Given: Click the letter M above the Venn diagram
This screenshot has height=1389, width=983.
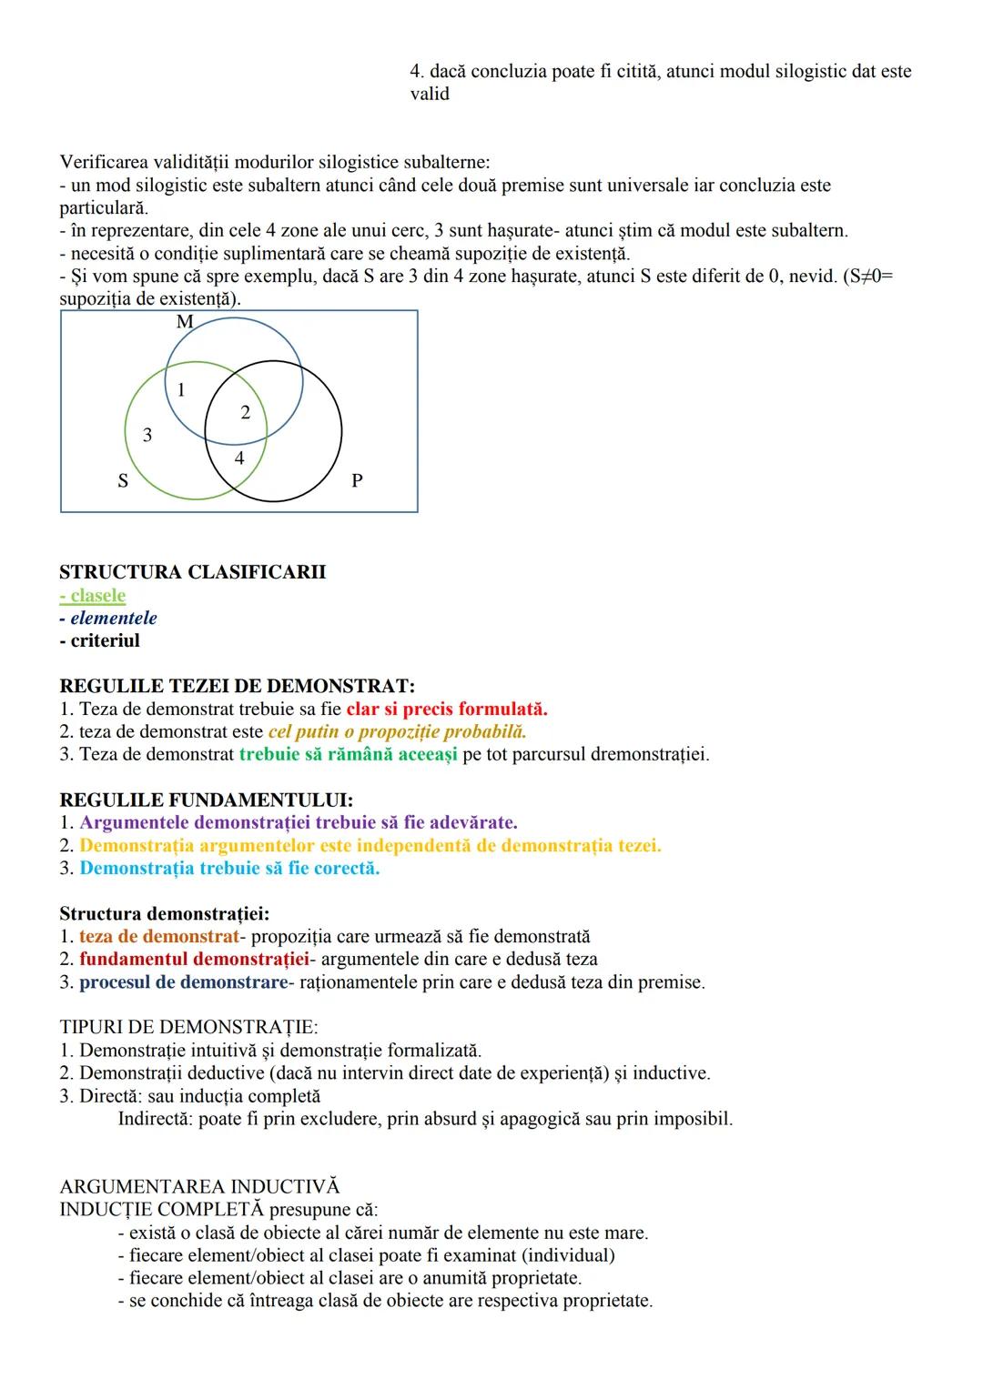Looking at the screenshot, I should tap(185, 322).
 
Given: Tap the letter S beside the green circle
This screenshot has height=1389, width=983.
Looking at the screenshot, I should tap(122, 481).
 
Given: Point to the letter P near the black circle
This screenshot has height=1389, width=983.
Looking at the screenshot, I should tap(357, 480).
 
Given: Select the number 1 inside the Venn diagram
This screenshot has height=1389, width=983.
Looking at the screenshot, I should tap(181, 390).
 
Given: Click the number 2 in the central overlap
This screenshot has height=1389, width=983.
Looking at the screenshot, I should tap(245, 413).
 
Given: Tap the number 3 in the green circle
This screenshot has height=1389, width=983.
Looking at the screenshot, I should tap(147, 436).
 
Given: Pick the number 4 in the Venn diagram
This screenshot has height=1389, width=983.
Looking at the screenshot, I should tap(239, 458).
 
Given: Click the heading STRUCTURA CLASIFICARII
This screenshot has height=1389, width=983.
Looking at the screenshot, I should tap(192, 572).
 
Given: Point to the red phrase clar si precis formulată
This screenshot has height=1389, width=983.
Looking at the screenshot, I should tap(447, 709).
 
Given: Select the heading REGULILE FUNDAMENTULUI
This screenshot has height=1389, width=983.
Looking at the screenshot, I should tap(206, 800).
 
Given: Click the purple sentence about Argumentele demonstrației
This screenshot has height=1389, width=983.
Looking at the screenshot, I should tap(299, 822).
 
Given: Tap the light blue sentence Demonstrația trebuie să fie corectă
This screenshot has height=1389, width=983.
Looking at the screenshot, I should tap(229, 868).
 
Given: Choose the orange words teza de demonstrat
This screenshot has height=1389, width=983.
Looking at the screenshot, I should tap(158, 936).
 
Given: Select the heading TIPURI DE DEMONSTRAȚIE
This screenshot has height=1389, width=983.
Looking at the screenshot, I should tap(188, 1028).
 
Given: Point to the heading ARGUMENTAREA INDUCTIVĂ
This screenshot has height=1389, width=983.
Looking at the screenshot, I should tap(198, 1187).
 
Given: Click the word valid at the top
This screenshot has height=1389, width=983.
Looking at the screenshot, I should tap(430, 94).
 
